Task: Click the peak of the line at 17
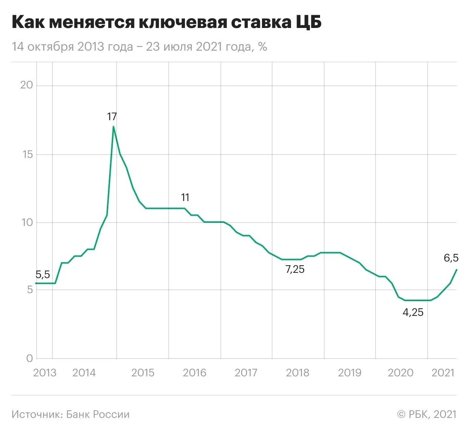point(114,127)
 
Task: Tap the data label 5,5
point(43,275)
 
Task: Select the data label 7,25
point(295,269)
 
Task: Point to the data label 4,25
point(413,312)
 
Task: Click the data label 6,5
point(451,258)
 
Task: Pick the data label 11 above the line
point(185,197)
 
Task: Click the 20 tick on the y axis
point(26,85)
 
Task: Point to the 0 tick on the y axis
point(29,358)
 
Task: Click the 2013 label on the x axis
point(45,373)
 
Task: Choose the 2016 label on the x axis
point(194,373)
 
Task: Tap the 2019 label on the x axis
point(349,373)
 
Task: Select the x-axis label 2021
point(443,373)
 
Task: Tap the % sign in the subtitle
point(262,46)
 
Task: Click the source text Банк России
point(98,414)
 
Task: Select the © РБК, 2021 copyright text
point(426,414)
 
